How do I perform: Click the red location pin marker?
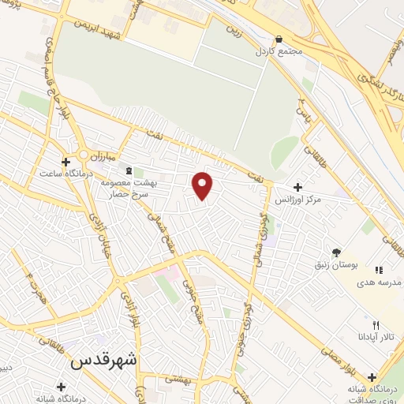click(203, 185)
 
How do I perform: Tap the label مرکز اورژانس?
click(299, 200)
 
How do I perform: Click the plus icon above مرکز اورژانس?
click(297, 187)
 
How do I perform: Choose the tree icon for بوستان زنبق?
click(338, 252)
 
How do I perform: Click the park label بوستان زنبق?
click(337, 265)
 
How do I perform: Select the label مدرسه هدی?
click(380, 282)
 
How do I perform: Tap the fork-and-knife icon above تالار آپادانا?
click(376, 324)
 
